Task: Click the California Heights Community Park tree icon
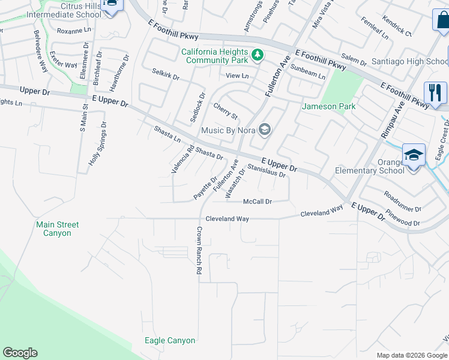tap(258, 55)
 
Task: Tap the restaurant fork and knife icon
tap(435, 93)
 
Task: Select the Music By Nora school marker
tap(264, 130)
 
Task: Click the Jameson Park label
tap(329, 107)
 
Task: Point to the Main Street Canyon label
tap(57, 229)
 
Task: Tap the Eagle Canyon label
tap(170, 340)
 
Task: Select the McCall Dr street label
tap(258, 202)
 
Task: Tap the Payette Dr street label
tap(205, 188)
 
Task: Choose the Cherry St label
tap(226, 110)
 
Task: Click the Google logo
tap(20, 353)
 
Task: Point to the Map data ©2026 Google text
tap(411, 355)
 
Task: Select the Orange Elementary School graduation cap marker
tap(414, 155)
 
